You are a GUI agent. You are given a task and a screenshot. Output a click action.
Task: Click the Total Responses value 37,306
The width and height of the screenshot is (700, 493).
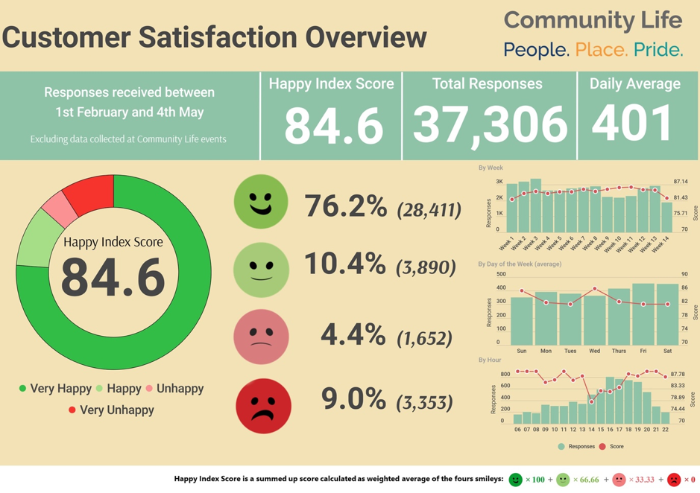coord(490,124)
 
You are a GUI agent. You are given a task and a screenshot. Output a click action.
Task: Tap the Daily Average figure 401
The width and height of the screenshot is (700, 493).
coord(632,122)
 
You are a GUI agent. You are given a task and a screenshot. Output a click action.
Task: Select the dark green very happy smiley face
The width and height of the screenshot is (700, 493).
coord(261,201)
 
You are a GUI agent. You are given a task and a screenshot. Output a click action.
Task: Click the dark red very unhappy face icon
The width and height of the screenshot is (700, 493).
coord(263,406)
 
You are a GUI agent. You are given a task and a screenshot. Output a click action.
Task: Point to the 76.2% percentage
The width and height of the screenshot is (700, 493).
coord(345,206)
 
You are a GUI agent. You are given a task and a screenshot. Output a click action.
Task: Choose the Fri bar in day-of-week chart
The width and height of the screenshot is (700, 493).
coord(643,314)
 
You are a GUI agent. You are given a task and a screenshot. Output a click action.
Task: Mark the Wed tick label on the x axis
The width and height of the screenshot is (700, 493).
coord(594,350)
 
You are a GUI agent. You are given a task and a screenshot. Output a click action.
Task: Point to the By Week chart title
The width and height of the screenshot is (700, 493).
coord(491,168)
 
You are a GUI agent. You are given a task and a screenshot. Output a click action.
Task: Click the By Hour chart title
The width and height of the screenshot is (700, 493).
coord(490,360)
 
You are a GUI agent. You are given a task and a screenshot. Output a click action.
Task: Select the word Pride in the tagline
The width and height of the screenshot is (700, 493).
coord(658,50)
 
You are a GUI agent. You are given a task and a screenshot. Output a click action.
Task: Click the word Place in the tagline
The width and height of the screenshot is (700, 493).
coord(602,50)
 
